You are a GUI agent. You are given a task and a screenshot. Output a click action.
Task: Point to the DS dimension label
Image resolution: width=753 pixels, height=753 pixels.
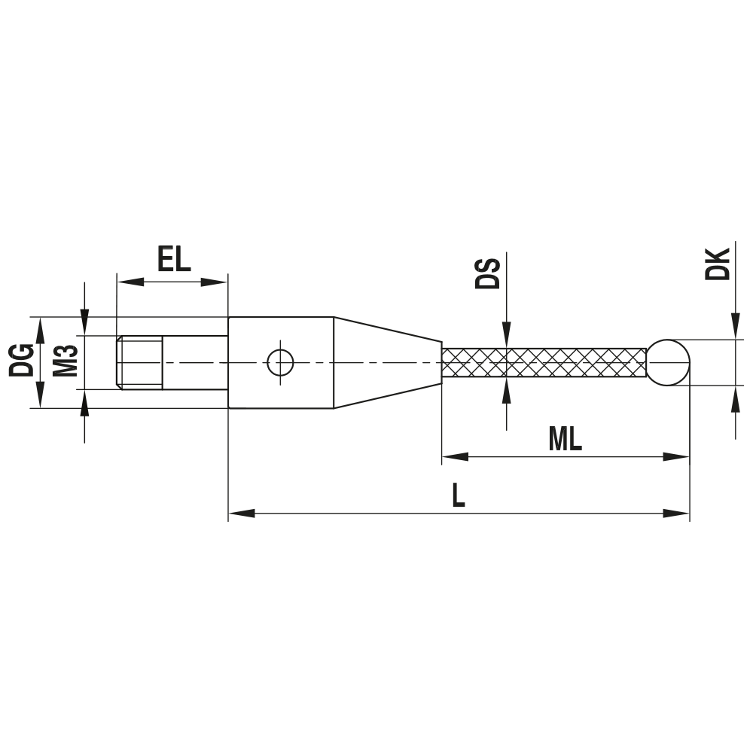[489, 273]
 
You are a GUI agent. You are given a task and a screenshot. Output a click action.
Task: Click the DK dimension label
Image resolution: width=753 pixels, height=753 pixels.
[717, 264]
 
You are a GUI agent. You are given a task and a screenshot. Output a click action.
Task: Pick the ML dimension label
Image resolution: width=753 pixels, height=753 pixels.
[565, 439]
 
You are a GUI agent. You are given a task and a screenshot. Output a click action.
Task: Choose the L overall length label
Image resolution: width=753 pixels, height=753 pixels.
[458, 495]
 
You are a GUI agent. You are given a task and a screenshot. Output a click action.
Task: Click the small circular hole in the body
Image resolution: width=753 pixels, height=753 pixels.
[280, 362]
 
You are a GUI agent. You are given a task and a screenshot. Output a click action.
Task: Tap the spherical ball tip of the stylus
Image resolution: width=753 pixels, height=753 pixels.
[668, 362]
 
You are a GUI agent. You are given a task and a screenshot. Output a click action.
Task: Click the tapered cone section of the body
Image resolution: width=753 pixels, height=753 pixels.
[387, 362]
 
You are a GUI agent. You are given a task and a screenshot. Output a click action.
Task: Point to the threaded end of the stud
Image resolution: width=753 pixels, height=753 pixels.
[139, 362]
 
